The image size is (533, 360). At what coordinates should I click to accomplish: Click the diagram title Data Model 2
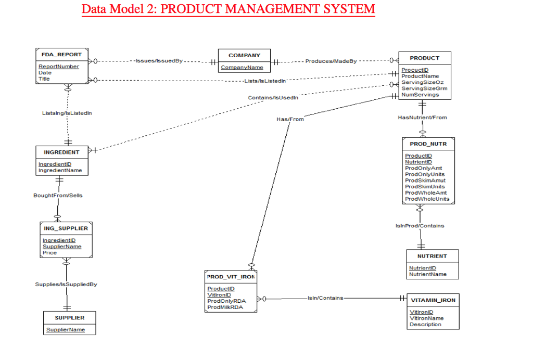pyautogui.click(x=228, y=9)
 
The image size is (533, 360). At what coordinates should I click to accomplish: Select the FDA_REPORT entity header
pyautogui.click(x=58, y=55)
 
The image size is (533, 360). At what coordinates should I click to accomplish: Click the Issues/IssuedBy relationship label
pyautogui.click(x=159, y=61)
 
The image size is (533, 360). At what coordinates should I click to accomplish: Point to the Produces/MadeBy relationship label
pyautogui.click(x=331, y=61)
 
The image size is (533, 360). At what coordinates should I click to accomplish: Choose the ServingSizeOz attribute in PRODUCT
pyautogui.click(x=423, y=82)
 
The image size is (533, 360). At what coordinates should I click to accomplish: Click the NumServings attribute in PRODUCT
pyautogui.click(x=420, y=95)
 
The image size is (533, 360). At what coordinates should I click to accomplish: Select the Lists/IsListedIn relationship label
pyautogui.click(x=265, y=81)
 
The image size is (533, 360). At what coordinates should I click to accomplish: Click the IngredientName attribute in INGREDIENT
pyautogui.click(x=60, y=170)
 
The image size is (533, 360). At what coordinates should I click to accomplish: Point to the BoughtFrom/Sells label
pyautogui.click(x=57, y=195)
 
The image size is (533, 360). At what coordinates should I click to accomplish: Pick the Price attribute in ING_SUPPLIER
pyautogui.click(x=50, y=252)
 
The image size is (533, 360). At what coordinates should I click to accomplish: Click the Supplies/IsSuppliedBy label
pyautogui.click(x=66, y=284)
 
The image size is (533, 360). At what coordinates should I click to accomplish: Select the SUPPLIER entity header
pyautogui.click(x=69, y=317)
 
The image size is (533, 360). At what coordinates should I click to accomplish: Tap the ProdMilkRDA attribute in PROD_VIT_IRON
pyautogui.click(x=225, y=307)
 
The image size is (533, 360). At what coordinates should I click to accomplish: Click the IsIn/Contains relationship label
pyautogui.click(x=325, y=298)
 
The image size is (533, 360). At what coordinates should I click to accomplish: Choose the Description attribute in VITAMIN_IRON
pyautogui.click(x=425, y=324)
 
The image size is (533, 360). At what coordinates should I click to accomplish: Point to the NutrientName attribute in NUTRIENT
pyautogui.click(x=427, y=274)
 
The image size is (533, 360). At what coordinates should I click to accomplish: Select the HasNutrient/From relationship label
pyautogui.click(x=422, y=118)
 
